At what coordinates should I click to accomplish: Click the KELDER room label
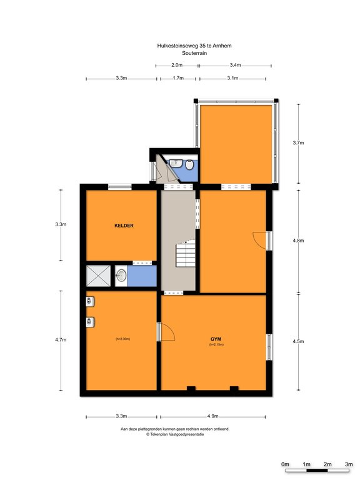point(124,226)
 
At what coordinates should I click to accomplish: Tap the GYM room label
point(216,339)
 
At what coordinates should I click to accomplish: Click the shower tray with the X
point(98,276)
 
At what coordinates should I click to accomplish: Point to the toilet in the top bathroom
point(189,164)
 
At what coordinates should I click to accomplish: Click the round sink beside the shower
point(121,276)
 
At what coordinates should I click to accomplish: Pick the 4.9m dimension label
point(212,416)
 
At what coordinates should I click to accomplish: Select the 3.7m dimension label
point(299,142)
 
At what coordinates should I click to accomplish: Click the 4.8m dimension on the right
point(299,241)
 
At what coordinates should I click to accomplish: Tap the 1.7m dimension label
point(178,78)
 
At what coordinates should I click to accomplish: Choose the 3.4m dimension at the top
point(235,65)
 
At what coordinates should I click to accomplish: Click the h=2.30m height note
point(122,339)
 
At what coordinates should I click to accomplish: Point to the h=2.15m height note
point(216,344)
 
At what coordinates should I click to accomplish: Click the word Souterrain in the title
point(194,53)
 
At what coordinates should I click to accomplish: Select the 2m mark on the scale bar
point(327,464)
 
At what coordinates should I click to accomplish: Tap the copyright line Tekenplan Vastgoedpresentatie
point(175,434)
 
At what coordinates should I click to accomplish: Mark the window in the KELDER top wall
point(120,187)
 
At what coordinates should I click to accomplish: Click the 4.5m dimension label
point(299,341)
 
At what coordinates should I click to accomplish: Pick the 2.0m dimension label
point(177,65)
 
